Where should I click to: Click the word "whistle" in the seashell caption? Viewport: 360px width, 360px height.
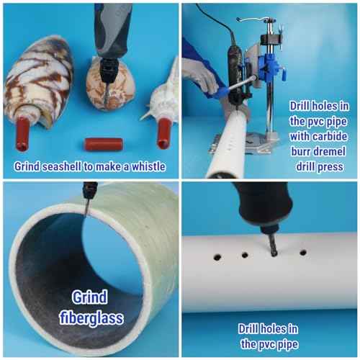click(148, 166)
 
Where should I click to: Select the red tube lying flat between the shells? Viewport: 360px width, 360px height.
click(104, 145)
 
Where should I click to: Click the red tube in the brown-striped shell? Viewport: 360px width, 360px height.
click(22, 134)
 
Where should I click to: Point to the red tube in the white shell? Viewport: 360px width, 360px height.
click(164, 134)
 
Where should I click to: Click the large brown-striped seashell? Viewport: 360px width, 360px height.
click(38, 81)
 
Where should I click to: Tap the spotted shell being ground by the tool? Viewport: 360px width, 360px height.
click(111, 84)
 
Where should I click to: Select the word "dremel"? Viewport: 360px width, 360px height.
click(330, 151)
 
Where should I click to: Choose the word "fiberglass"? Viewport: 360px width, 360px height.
click(91, 318)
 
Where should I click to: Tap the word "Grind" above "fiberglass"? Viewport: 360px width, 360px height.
click(89, 297)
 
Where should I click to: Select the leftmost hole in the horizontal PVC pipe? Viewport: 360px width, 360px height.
click(217, 257)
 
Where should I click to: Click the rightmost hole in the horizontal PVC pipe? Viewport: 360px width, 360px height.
click(303, 253)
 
